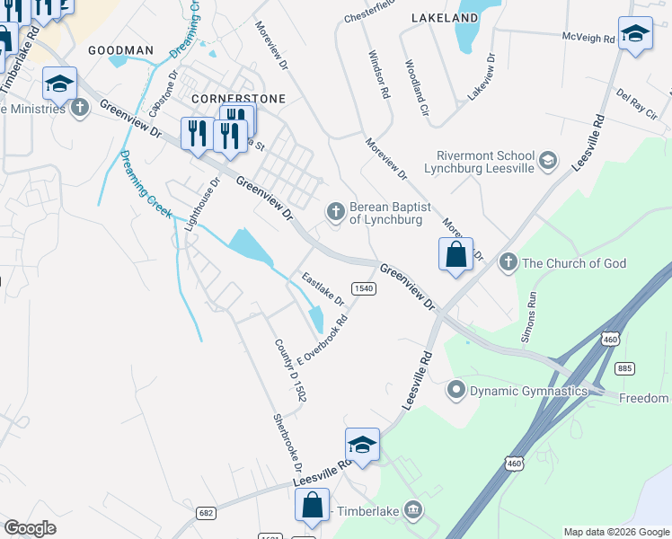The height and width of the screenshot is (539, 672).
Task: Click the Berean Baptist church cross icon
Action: point(335,211)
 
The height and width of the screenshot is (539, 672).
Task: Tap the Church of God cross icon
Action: point(508,262)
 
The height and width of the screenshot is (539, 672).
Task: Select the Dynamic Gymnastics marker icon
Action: point(456,390)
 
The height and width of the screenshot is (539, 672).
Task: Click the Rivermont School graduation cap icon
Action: point(548,162)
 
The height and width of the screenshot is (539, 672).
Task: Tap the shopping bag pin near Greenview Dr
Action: point(455,254)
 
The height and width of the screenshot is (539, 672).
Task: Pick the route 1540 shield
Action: point(363,287)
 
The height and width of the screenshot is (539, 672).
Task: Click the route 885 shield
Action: point(624,368)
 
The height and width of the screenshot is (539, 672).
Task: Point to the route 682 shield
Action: point(206,511)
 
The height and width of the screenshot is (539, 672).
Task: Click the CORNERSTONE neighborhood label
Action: point(239,98)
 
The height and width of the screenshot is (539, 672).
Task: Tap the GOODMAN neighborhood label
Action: point(121,51)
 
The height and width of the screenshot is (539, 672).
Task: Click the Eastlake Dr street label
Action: point(323,287)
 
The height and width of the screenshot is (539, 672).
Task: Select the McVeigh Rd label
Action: point(588,38)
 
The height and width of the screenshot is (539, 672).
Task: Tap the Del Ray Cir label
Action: point(637,100)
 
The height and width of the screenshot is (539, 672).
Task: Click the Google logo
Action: point(31,528)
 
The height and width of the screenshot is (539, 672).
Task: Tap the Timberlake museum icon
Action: point(412,510)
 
